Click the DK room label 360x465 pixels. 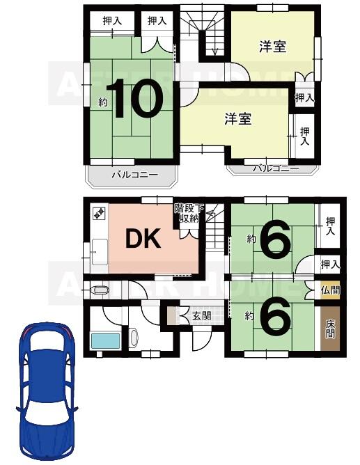coord(143,239)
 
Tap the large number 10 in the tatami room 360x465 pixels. coord(135,99)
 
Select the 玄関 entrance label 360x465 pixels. coord(202,315)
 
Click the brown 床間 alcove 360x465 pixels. coord(330,329)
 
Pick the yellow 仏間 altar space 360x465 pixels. coord(330,290)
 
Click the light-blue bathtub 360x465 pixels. coord(105,341)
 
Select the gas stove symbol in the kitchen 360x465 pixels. coord(99,212)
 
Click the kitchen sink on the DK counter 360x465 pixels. coord(100,252)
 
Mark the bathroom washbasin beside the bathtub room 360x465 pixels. coord(134,337)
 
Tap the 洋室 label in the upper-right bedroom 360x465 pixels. coord(273,47)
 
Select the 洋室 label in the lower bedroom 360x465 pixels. coord(238,118)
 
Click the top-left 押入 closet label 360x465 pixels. coord(112,21)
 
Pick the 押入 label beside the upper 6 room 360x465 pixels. coord(331,226)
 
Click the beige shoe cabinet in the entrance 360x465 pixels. coord(171,315)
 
